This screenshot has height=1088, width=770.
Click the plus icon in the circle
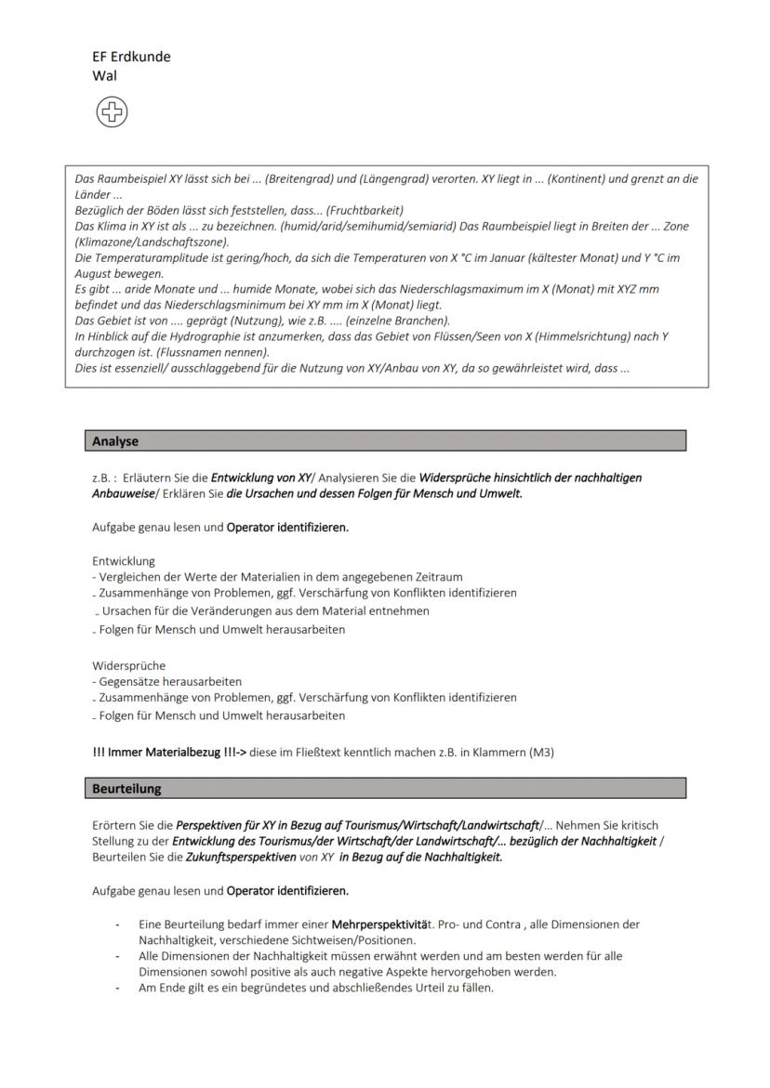coord(112,112)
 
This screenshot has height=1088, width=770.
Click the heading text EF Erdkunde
coord(131,57)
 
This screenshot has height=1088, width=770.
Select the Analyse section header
coord(115,441)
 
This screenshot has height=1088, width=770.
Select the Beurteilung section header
coord(126,789)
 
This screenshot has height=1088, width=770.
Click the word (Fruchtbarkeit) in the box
coord(365,210)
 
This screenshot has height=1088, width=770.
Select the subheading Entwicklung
coord(124,561)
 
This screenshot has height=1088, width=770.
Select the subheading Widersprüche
coord(128,665)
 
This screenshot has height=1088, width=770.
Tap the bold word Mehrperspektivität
coord(382,925)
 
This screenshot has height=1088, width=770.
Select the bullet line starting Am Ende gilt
coord(316,988)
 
